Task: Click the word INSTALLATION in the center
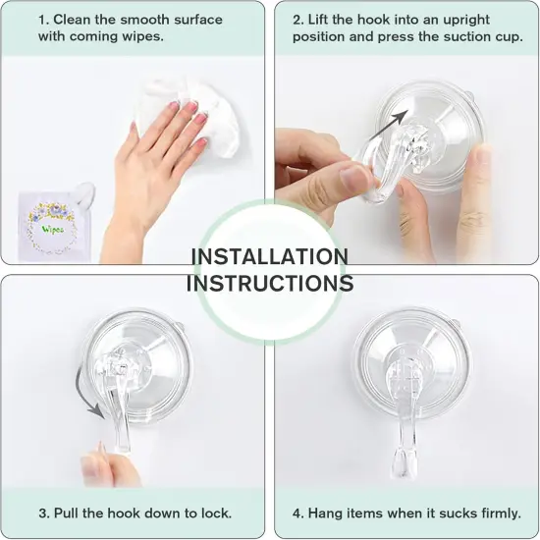pyautogui.click(x=269, y=257)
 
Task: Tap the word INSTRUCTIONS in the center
pyautogui.click(x=269, y=283)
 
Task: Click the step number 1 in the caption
pyautogui.click(x=42, y=20)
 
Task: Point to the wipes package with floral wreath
pyautogui.click(x=48, y=225)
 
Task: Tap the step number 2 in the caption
pyautogui.click(x=297, y=20)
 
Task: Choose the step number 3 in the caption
pyautogui.click(x=42, y=513)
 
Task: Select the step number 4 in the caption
pyautogui.click(x=297, y=513)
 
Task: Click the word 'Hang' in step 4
pyautogui.click(x=325, y=513)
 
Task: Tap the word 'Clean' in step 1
pyautogui.click(x=72, y=20)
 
